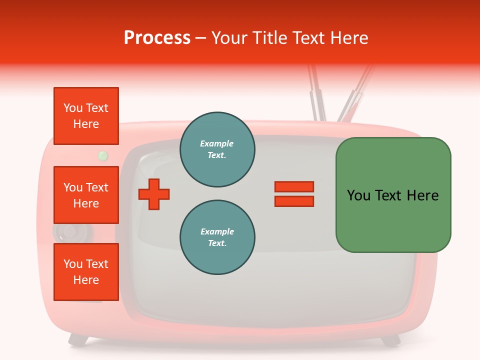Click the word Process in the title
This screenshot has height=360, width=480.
tap(157, 37)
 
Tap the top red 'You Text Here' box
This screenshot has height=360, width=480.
tap(86, 116)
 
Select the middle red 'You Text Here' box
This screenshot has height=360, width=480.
tap(86, 195)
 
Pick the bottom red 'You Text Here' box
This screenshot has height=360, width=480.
tap(86, 272)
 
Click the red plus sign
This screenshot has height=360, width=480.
tap(154, 194)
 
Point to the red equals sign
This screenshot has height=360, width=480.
tap(294, 194)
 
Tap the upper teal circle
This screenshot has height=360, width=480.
tap(217, 149)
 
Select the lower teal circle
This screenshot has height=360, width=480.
tap(217, 237)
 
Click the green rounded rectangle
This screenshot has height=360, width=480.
tap(393, 195)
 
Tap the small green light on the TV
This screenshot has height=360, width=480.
tap(103, 156)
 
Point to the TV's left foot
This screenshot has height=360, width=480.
tap(77, 340)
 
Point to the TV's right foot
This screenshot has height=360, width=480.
tap(390, 340)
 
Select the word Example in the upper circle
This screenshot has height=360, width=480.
tap(217, 143)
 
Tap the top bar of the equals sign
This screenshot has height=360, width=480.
tap(294, 186)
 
